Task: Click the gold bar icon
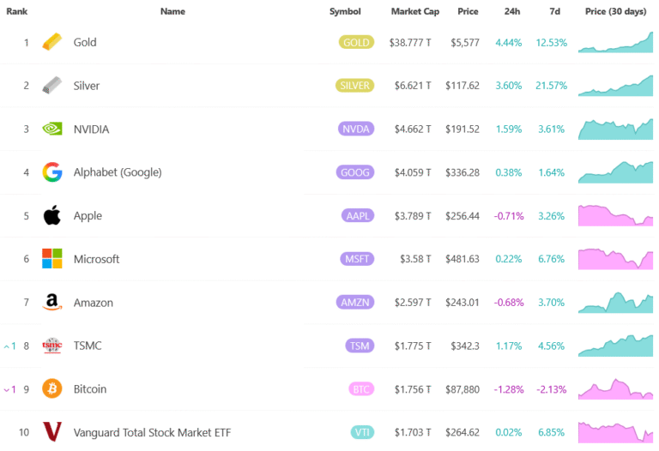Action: point(52,42)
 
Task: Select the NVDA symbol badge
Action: point(355,129)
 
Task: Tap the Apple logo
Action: point(52,215)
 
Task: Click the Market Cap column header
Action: point(415,11)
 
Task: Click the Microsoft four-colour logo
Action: point(52,259)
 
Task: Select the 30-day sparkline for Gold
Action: point(615,42)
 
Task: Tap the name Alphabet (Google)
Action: point(118,172)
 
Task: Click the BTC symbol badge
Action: point(360,388)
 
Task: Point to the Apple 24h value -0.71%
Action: point(509,215)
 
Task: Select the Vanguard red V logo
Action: point(52,432)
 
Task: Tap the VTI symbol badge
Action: point(361,432)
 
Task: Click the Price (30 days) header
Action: point(615,11)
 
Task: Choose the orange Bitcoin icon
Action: point(52,388)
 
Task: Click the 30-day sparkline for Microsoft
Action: point(615,258)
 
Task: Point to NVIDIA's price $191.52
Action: point(463,129)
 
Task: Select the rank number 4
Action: point(26,172)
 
